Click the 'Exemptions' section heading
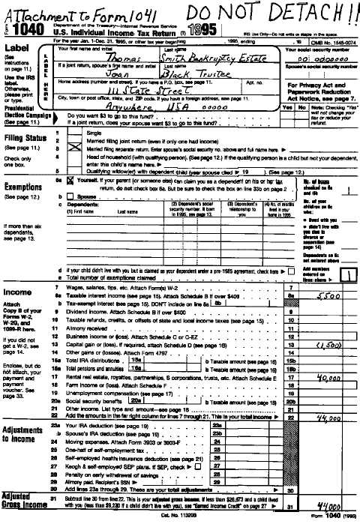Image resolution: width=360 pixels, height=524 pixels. click(x=24, y=187)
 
